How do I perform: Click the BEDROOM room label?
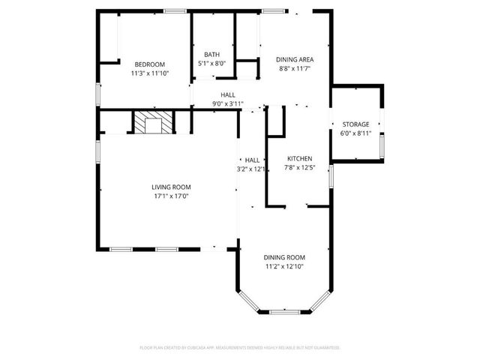point(149,64)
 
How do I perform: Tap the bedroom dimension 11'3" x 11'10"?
point(149,73)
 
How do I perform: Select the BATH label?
point(212,55)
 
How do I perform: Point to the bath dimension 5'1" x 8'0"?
point(212,64)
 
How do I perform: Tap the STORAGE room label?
point(355,124)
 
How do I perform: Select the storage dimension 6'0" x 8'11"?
point(355,133)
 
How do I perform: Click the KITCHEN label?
point(300,159)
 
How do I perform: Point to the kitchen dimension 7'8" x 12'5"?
point(300,168)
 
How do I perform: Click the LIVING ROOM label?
point(172,187)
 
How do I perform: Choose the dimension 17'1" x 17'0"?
point(172,196)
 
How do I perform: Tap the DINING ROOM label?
point(283,257)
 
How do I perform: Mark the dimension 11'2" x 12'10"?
point(283,266)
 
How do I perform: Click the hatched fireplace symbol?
point(154,122)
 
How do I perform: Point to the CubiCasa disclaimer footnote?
point(240,348)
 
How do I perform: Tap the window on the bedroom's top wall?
point(175,10)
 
